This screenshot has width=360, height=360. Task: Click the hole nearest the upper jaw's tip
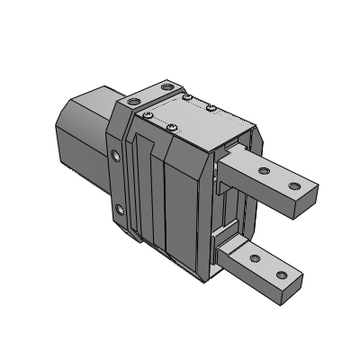click(293, 187)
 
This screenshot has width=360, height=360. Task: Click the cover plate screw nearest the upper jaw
click(210, 109)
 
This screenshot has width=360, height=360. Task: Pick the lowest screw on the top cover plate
click(172, 128)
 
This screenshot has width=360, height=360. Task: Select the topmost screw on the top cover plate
click(186, 95)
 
